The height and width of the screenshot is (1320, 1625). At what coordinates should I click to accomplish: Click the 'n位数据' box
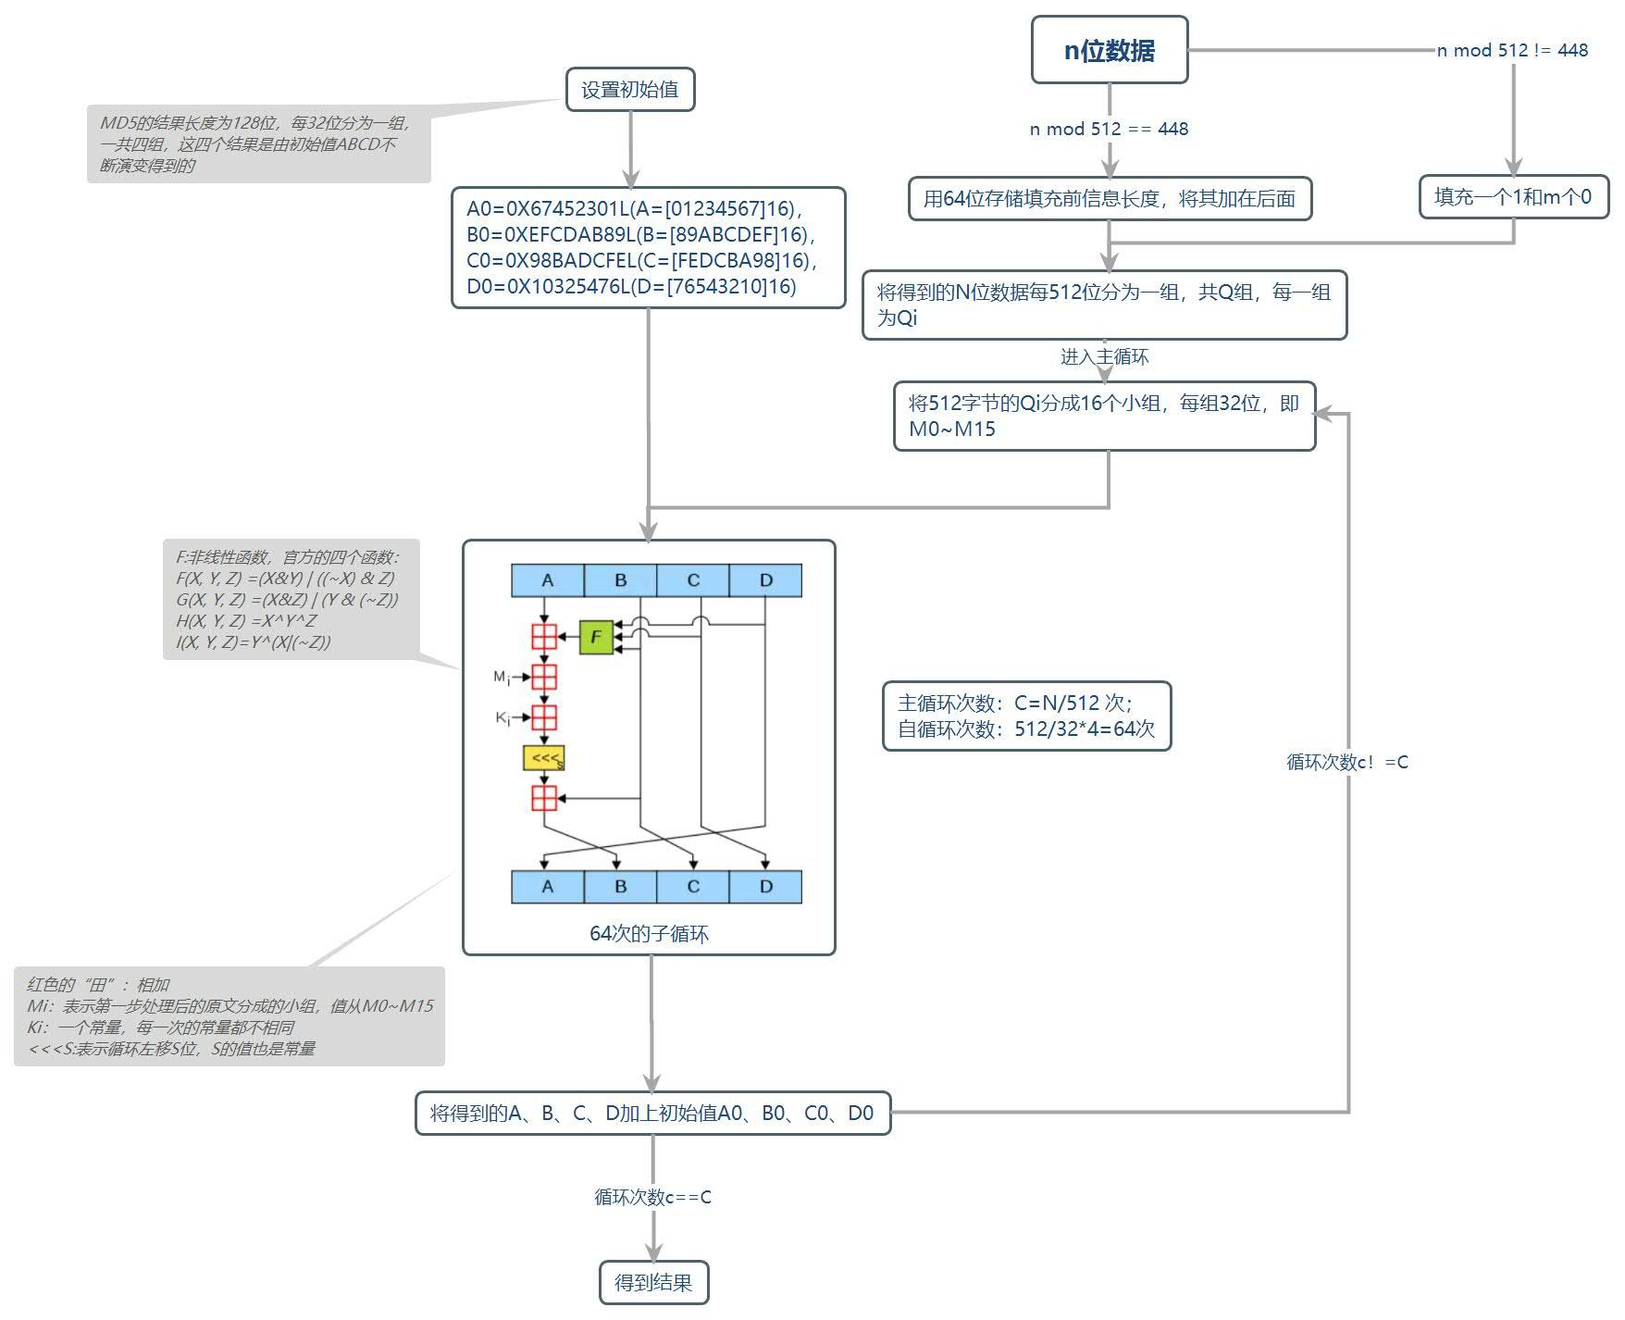(x=1109, y=50)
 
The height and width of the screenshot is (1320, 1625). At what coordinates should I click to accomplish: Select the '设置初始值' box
(x=629, y=90)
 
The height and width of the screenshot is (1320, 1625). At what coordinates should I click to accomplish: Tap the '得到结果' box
(x=653, y=1282)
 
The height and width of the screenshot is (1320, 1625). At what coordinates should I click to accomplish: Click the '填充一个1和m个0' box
(x=1513, y=197)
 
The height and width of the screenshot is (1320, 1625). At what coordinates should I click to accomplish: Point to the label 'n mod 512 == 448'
(x=1109, y=129)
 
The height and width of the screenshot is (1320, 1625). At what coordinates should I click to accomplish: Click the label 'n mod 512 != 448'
(x=1512, y=50)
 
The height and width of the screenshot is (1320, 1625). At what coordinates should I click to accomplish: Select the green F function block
(x=596, y=637)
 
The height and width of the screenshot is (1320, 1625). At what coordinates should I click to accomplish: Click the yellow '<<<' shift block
(x=543, y=758)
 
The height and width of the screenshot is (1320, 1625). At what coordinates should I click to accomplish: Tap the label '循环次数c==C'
(x=652, y=1197)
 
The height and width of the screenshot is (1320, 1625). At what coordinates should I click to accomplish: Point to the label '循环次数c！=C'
(x=1346, y=762)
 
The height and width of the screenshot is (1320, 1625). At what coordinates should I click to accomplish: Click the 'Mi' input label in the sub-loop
(x=501, y=678)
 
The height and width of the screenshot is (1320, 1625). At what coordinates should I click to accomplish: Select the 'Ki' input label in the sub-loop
(x=502, y=717)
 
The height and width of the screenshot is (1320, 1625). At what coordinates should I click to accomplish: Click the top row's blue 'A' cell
(x=547, y=580)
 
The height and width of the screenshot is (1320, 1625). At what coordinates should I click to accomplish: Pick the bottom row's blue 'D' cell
(x=765, y=887)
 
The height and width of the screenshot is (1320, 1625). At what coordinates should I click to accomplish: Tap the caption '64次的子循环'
(x=649, y=933)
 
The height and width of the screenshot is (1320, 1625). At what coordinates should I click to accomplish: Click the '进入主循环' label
(x=1104, y=356)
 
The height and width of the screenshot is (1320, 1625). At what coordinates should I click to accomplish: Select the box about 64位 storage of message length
(x=1110, y=199)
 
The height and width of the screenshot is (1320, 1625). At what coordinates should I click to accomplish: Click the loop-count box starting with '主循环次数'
(x=1026, y=716)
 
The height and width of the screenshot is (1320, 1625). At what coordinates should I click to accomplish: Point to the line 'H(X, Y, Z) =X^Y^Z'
(x=246, y=620)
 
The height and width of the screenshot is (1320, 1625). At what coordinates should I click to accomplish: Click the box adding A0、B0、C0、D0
(x=652, y=1113)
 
